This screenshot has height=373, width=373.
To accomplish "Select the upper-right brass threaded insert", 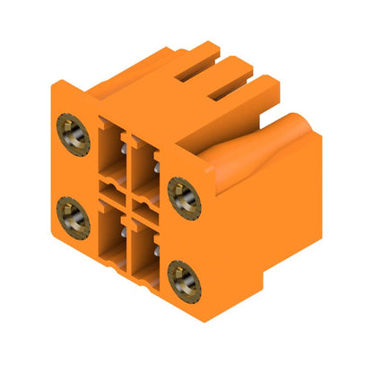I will click(x=183, y=190).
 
